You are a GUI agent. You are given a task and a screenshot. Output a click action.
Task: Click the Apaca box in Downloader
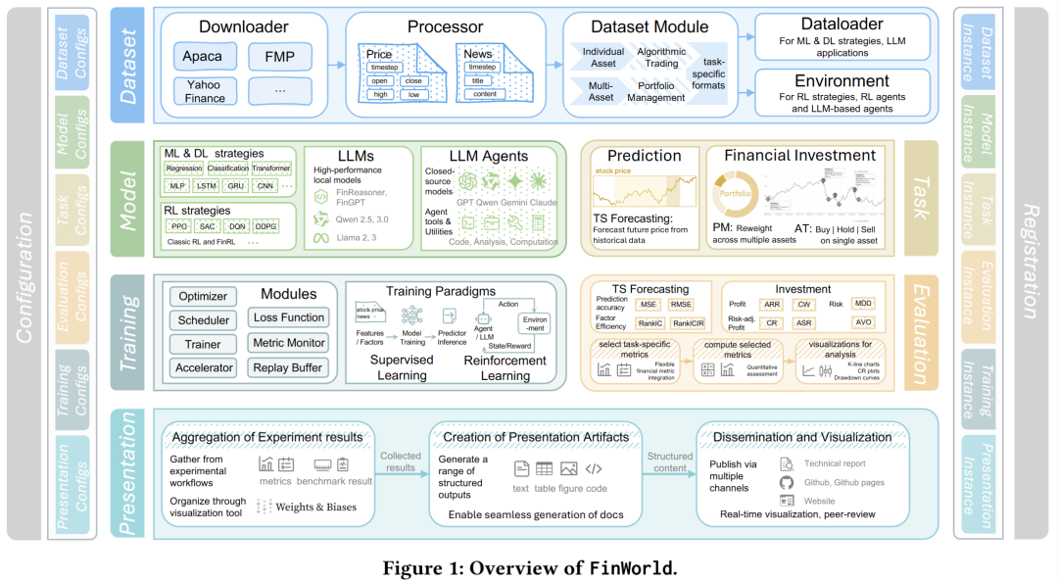pyautogui.click(x=203, y=57)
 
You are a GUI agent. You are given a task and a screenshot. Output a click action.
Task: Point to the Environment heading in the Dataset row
pyautogui.click(x=842, y=81)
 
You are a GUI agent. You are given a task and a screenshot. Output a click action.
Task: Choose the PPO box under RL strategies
pyautogui.click(x=178, y=226)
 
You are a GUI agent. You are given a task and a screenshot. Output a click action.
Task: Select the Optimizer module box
pyautogui.click(x=204, y=296)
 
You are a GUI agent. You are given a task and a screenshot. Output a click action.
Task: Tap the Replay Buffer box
pyautogui.click(x=289, y=367)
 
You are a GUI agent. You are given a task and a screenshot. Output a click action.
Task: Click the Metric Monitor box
pyautogui.click(x=289, y=343)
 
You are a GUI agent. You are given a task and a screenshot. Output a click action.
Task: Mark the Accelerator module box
pyautogui.click(x=204, y=367)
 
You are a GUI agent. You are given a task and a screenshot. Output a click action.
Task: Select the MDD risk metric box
pyautogui.click(x=863, y=305)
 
